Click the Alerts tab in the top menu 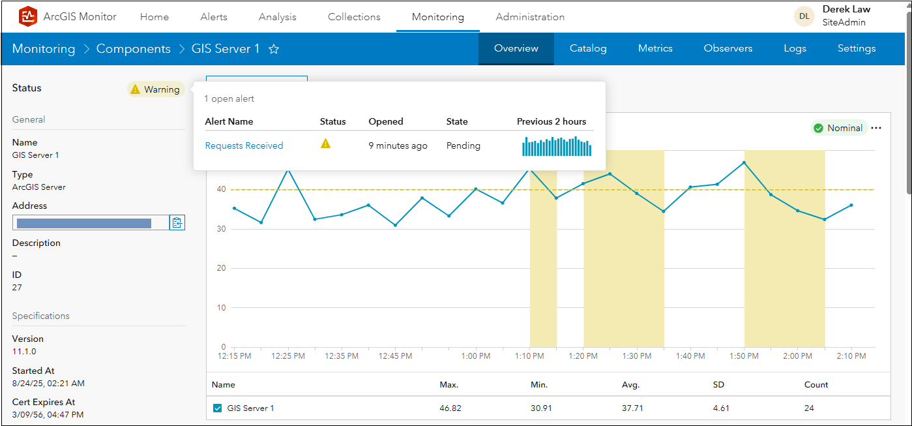tap(214, 17)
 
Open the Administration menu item tap(530, 17)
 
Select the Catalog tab tap(588, 48)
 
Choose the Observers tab tap(728, 48)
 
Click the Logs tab tap(795, 48)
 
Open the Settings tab tap(857, 48)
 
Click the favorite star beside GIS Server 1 tap(274, 49)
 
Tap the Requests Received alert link tap(244, 145)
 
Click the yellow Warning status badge tap(156, 89)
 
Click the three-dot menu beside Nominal tap(876, 128)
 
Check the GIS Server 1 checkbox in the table tap(218, 408)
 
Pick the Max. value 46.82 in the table tap(450, 408)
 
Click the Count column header tap(816, 385)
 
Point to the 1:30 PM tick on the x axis tap(637, 356)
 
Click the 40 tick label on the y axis tap(222, 189)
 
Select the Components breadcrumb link tap(133, 49)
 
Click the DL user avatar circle tap(804, 16)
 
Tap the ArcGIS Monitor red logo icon tap(28, 16)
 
